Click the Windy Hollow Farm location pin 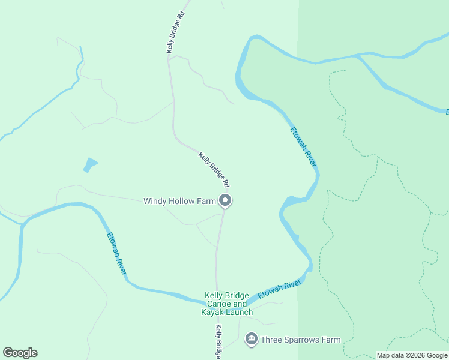(225, 201)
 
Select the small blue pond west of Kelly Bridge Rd (90, 164)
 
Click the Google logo (20, 353)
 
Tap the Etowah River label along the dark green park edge (303, 147)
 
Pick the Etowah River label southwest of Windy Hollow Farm (117, 254)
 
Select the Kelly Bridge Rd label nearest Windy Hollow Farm (214, 168)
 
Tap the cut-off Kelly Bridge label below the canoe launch (219, 342)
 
